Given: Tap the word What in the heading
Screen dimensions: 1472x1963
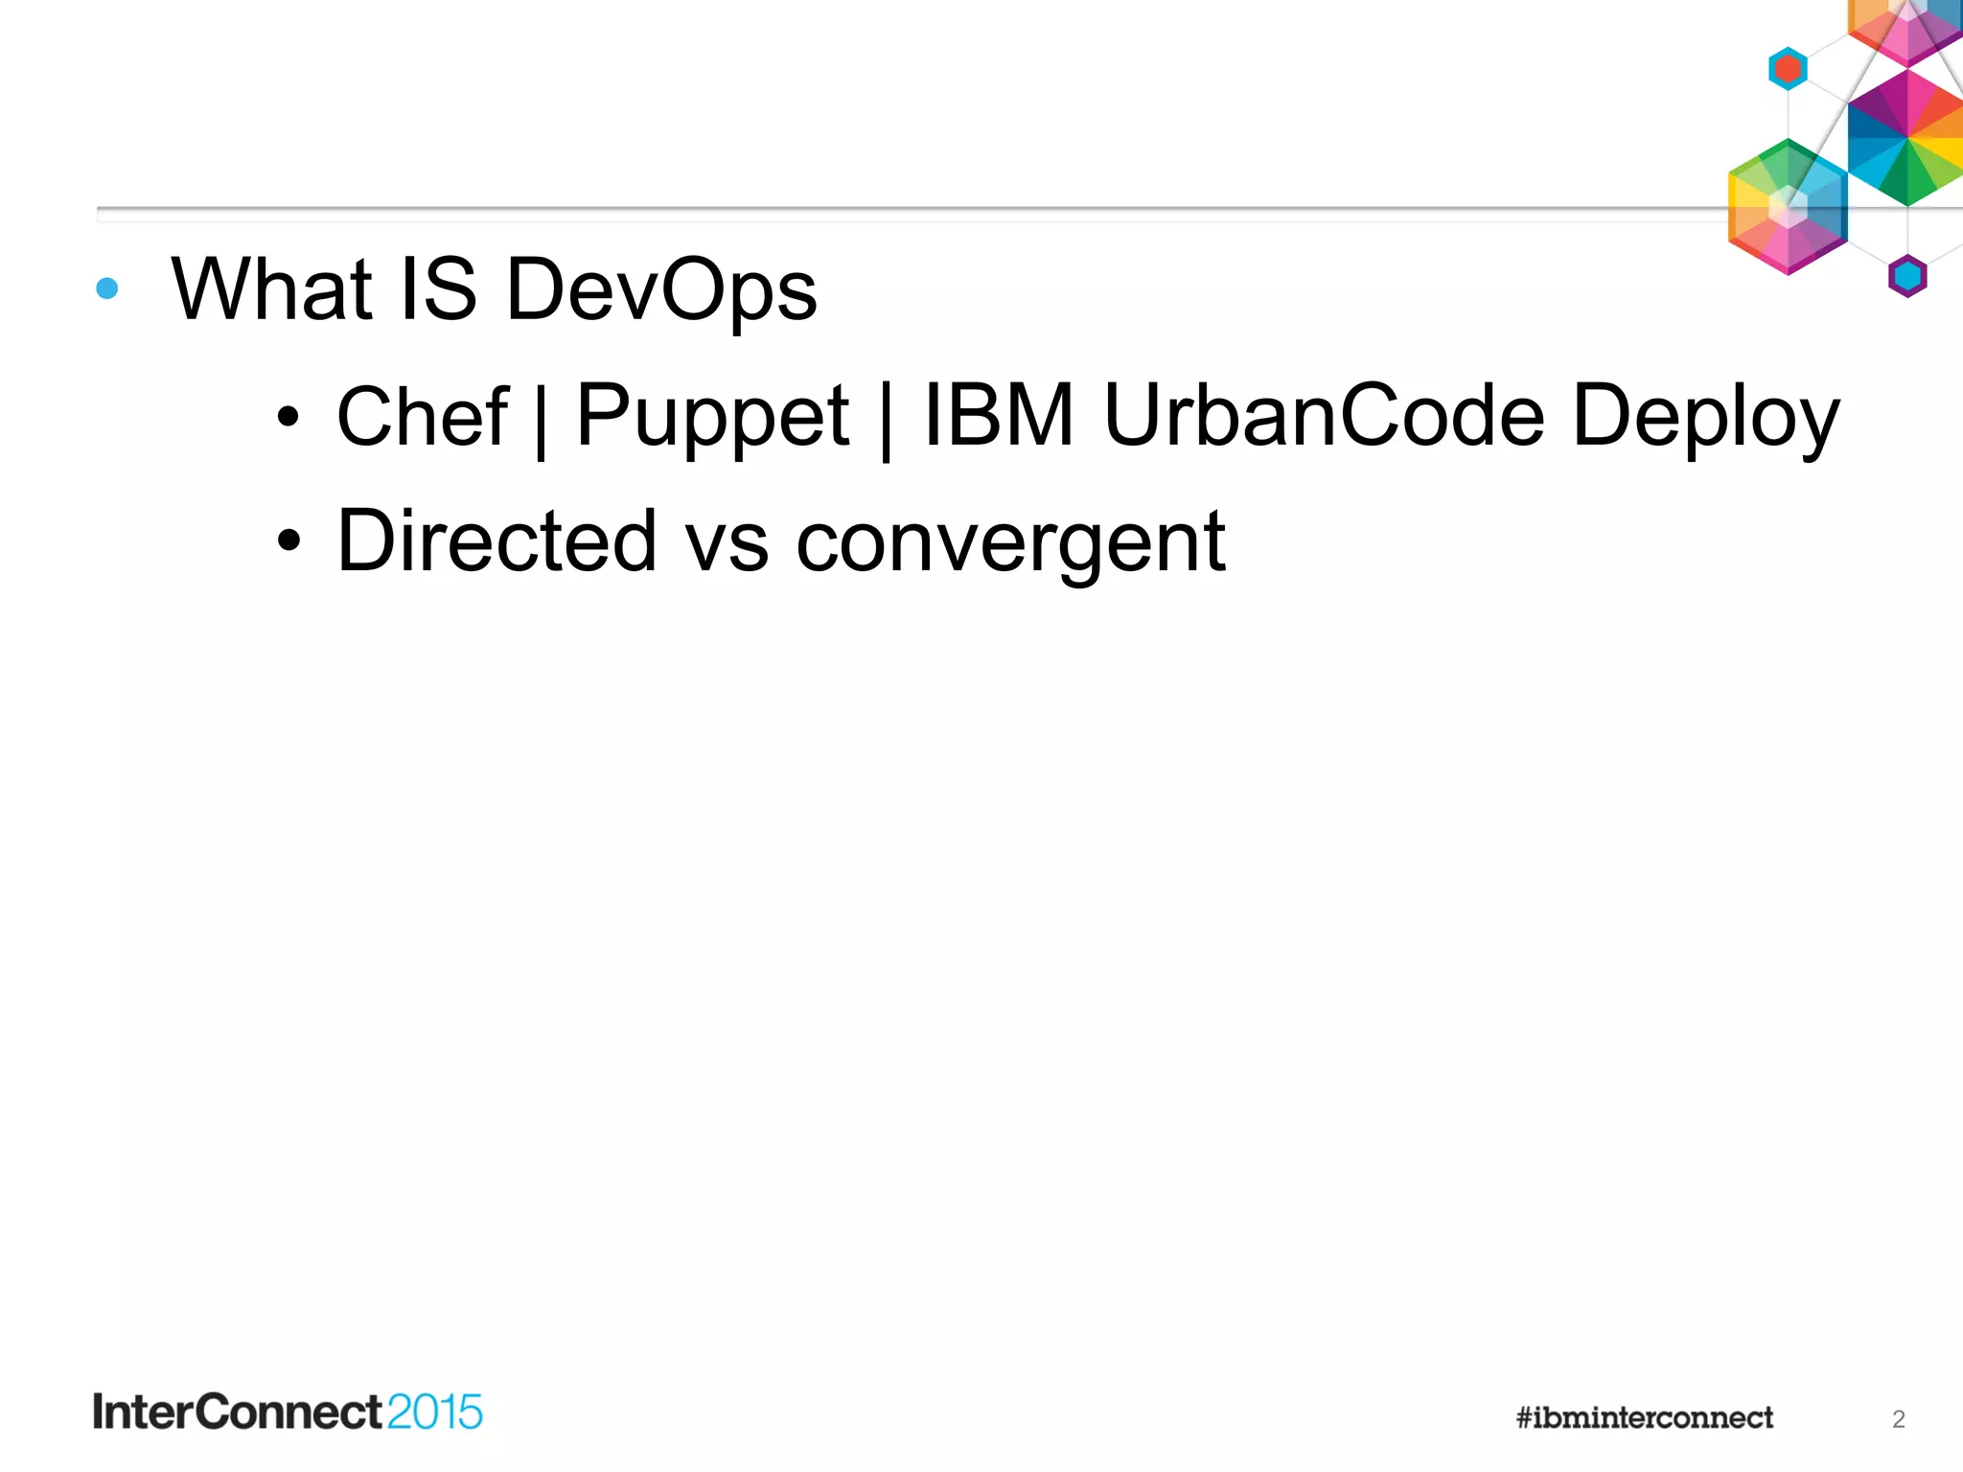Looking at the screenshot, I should click(x=271, y=289).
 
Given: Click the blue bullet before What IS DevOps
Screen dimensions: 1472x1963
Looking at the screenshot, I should click(x=107, y=288).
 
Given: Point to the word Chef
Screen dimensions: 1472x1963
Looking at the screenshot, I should click(x=423, y=416).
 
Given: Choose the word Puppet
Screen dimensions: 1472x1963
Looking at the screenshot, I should click(x=712, y=418).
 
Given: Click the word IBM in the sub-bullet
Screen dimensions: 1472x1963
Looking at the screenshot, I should click(x=998, y=416).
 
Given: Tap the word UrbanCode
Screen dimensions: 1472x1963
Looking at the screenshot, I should click(x=1324, y=416).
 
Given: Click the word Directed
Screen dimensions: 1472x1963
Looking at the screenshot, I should click(x=497, y=541).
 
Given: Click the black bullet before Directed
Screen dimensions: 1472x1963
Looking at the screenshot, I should click(x=289, y=541).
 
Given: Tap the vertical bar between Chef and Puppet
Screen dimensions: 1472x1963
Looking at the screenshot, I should click(x=542, y=420).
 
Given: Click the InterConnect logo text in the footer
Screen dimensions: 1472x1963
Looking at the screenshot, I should click(x=238, y=1413).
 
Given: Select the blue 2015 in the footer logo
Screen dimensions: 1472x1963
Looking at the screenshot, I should click(x=434, y=1413).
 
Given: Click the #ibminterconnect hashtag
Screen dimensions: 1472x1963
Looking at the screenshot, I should click(x=1644, y=1417).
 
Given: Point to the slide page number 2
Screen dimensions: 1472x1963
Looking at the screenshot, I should click(x=1898, y=1419).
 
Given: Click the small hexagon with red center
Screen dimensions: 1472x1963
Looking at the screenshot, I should click(x=1788, y=69).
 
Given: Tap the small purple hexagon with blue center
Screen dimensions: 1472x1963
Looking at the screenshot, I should click(x=1907, y=276).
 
